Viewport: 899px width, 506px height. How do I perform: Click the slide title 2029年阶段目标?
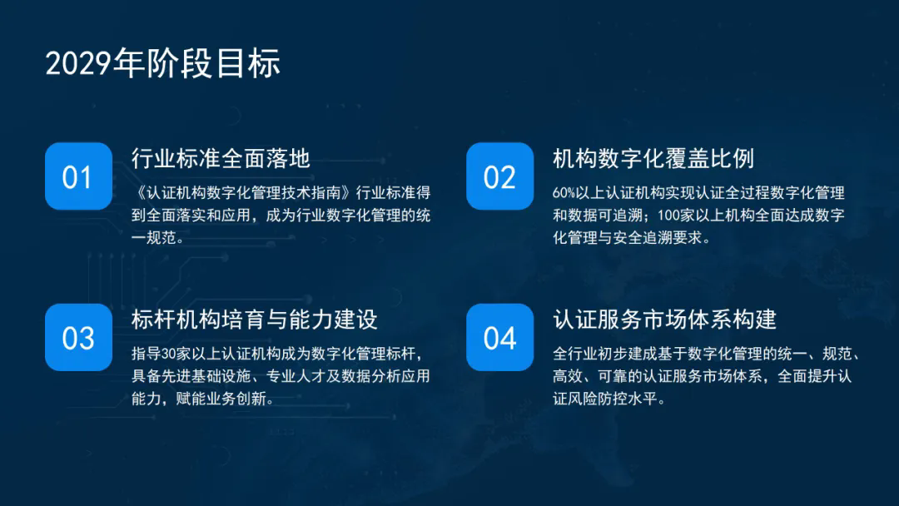163,62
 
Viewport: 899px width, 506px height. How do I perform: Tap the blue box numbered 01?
78,176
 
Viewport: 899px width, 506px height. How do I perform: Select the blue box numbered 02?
500,176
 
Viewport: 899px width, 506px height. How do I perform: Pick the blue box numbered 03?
78,337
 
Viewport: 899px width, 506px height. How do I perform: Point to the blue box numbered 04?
500,337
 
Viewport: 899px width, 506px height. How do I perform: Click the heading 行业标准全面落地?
221,158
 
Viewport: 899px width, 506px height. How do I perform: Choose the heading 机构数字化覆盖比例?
653,158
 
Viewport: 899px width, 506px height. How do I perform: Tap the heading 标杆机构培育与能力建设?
255,320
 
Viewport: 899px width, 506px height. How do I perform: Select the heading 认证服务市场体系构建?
664,320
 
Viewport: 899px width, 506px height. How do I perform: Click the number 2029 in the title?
78,63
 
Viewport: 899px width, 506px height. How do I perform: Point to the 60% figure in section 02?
564,193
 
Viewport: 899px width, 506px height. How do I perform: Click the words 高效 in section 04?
568,376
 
